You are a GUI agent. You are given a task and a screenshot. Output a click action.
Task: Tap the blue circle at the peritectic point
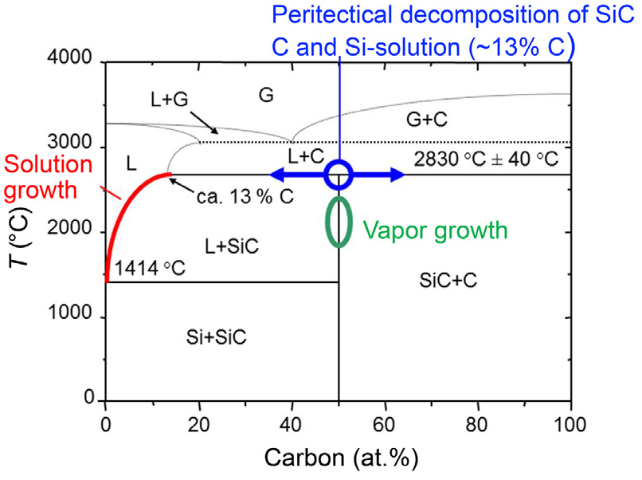[x=339, y=175]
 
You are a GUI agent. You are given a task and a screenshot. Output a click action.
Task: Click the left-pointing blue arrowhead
[x=276, y=175]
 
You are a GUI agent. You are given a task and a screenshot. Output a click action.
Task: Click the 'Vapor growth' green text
[x=435, y=230]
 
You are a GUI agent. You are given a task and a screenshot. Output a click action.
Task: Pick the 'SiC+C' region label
[x=446, y=279]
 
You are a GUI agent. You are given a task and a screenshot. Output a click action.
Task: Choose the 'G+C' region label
[x=429, y=118]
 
